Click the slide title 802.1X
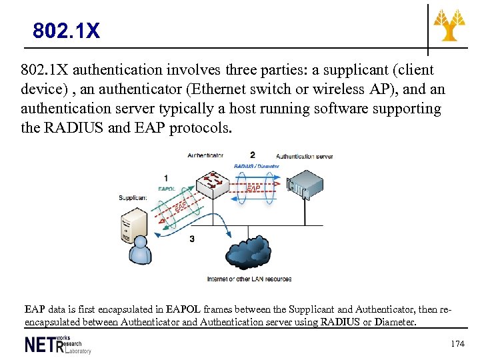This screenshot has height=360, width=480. pos(67,31)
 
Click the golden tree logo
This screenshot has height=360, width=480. pos(450,25)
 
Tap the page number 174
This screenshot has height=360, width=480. pos(457,344)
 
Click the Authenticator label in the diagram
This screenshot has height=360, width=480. pos(205,156)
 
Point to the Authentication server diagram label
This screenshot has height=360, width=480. pos(304,156)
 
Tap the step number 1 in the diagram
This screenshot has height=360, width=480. pos(165,178)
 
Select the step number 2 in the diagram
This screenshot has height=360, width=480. pos(252,155)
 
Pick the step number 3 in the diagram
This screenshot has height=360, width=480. pos(192,238)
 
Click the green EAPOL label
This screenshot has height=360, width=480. pos(167,189)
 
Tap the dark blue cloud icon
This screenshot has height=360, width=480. pos(250,253)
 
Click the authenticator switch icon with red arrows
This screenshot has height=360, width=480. pos(214,183)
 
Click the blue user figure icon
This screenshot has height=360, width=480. pos(141,251)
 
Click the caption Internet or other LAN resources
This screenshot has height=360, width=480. pos(249,279)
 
